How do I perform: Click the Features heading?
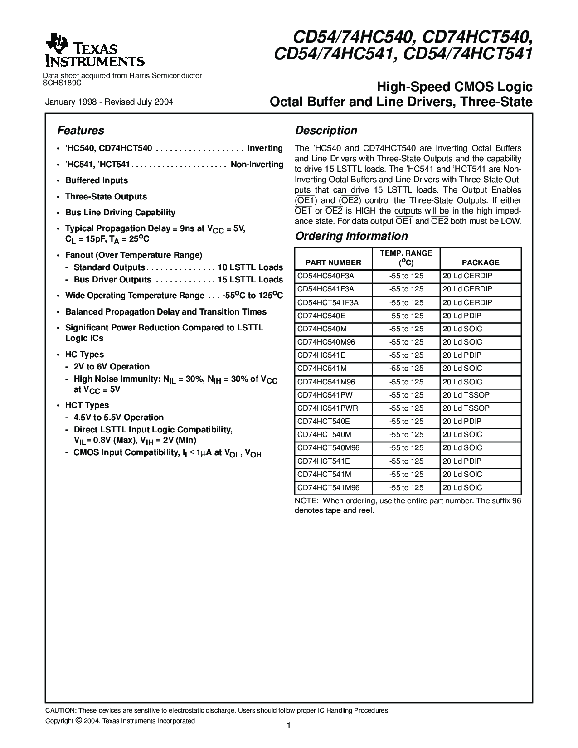tap(80, 131)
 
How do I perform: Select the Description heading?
tap(326, 131)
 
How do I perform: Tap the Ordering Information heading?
tap(351, 236)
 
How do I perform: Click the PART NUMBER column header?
tap(333, 262)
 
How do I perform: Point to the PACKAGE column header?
tap(481, 262)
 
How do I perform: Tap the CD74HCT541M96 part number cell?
tap(328, 488)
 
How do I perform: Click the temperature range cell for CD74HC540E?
tap(406, 316)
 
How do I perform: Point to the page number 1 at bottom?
tap(289, 725)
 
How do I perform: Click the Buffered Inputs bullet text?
tap(97, 180)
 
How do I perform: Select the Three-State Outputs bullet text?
tap(106, 197)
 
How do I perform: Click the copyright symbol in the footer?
tap(78, 720)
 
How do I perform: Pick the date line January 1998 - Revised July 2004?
tap(109, 102)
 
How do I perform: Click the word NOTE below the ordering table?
tap(306, 501)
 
